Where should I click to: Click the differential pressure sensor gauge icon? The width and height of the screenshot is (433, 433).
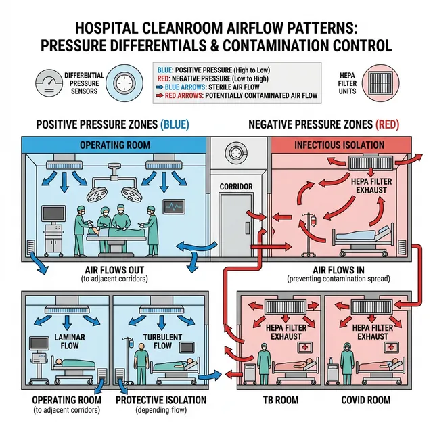29,83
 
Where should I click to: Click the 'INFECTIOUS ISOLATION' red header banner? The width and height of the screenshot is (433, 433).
339,145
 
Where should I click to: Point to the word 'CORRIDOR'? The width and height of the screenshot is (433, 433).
237,186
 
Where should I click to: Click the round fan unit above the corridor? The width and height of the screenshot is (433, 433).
237,152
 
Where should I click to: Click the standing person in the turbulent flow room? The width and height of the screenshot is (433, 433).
141,359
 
